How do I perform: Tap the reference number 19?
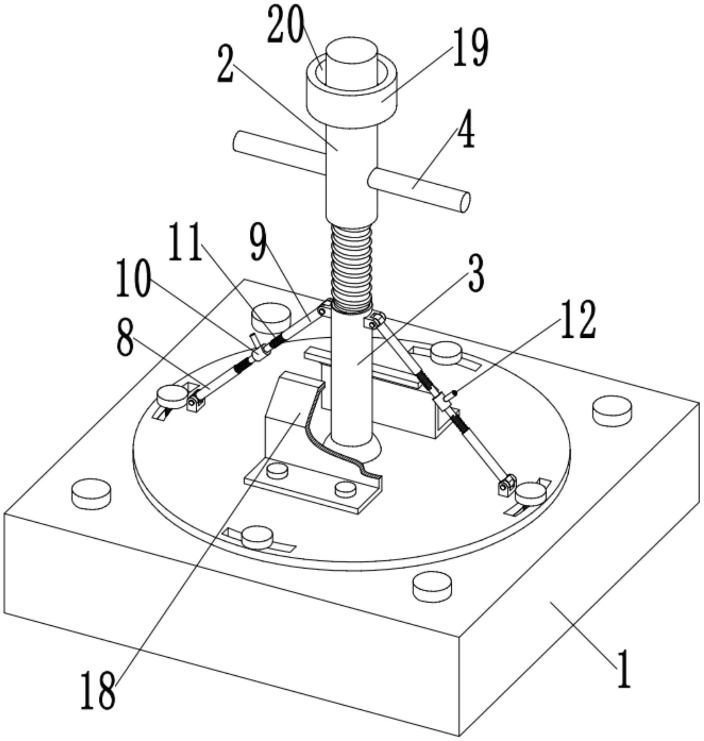point(471,48)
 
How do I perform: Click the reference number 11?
point(185,242)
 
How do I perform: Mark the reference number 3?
point(476,273)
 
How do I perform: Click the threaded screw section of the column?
point(352,266)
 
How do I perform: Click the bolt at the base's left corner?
point(91,494)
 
